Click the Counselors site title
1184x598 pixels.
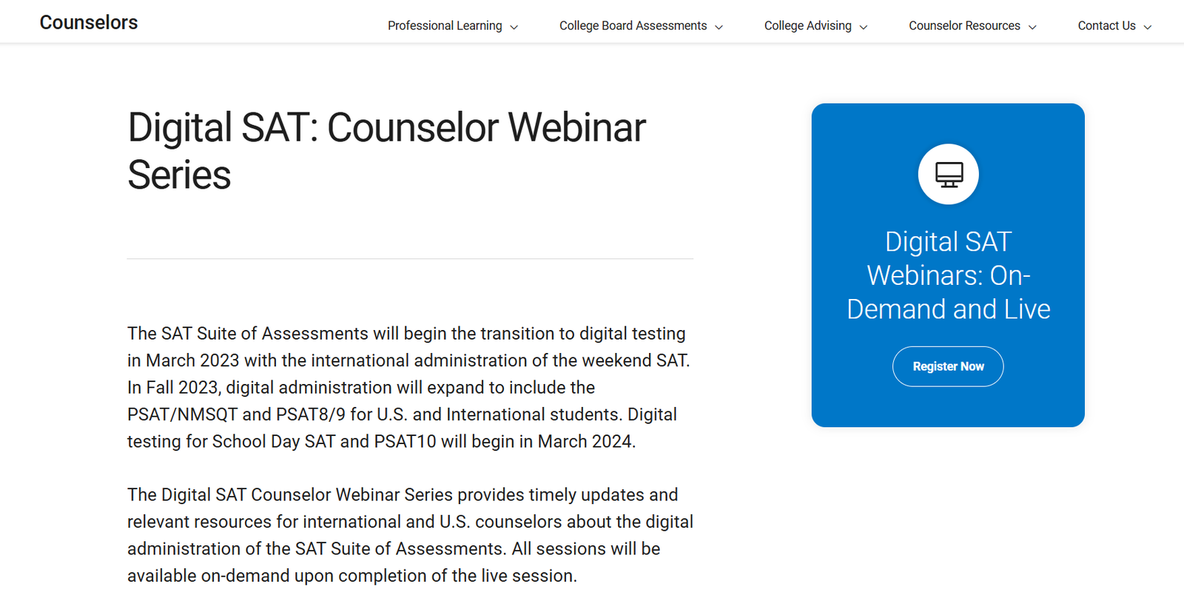(x=88, y=23)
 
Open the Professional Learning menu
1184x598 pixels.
(x=453, y=26)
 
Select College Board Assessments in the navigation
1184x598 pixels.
(x=641, y=26)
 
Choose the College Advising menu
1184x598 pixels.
(x=815, y=26)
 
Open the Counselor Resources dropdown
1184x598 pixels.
(x=972, y=26)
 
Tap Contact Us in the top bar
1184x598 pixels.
(x=1114, y=26)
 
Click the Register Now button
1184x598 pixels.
(x=948, y=366)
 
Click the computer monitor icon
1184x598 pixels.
(x=949, y=175)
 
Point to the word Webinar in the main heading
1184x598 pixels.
(x=576, y=127)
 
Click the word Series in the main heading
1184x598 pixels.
(x=179, y=175)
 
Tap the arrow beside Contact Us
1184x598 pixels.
(x=1148, y=27)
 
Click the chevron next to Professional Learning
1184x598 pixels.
(x=514, y=27)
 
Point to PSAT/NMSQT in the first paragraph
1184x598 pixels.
(x=182, y=414)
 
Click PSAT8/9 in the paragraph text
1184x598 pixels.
(x=311, y=414)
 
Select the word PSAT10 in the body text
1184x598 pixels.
(x=405, y=442)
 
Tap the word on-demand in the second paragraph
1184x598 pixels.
(x=245, y=576)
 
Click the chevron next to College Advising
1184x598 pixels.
(x=864, y=27)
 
